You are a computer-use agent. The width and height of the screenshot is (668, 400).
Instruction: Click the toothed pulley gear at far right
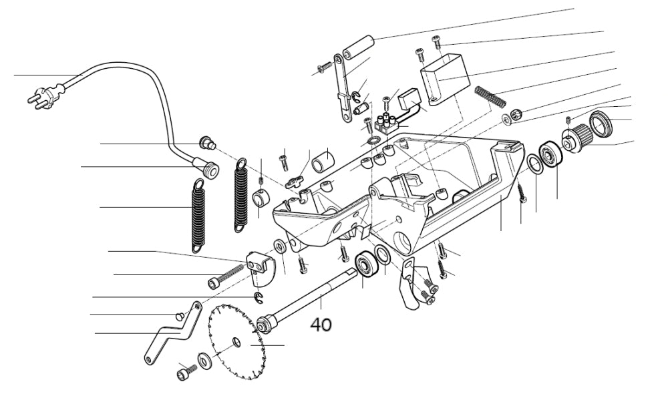tap(576, 137)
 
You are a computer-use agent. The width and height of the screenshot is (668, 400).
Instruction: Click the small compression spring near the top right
tap(490, 95)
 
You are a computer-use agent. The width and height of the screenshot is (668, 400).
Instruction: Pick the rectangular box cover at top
tap(443, 78)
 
